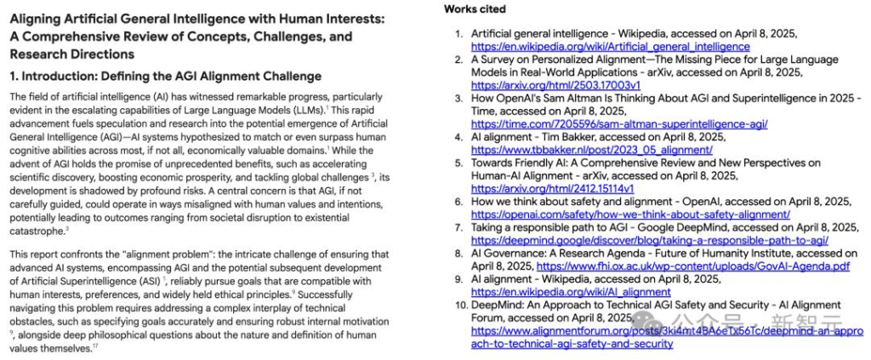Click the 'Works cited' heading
click(475, 9)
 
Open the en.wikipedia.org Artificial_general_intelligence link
click(610, 47)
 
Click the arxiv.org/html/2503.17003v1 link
click(555, 85)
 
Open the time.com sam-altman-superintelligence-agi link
click(619, 124)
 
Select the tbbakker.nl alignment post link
click(591, 150)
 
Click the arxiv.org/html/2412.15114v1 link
click(552, 188)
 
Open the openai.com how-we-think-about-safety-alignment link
click(629, 214)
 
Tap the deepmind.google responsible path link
click(649, 240)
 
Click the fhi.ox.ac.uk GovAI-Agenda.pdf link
click(692, 266)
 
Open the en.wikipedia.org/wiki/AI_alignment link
click(570, 292)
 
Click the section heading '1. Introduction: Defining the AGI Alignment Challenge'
click(165, 77)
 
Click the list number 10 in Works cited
click(460, 305)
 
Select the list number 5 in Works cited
click(460, 163)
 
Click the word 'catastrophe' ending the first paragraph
click(37, 230)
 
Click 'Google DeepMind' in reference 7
click(703, 227)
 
